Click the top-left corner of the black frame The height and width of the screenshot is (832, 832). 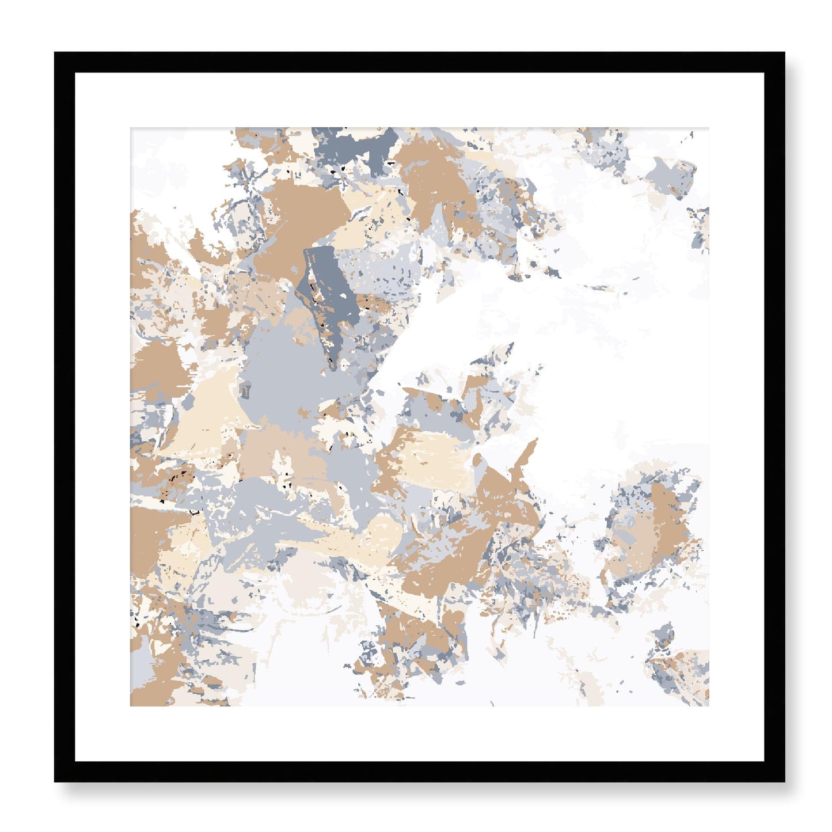(x=55, y=53)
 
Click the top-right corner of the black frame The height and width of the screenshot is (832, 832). (x=784, y=53)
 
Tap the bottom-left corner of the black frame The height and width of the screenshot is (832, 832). (x=55, y=781)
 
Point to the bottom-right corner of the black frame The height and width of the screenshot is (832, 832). (x=784, y=781)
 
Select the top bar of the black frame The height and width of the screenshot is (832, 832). (x=419, y=62)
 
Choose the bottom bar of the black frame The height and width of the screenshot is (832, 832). (x=419, y=772)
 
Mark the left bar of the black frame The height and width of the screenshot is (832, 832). (x=64, y=417)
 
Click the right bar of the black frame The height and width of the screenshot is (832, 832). (x=774, y=417)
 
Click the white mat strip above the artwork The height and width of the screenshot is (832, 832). (x=419, y=100)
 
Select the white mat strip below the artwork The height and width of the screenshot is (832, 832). (x=419, y=734)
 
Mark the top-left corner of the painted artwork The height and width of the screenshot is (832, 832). (x=131, y=128)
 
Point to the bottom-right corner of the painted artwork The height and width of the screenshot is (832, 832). (x=709, y=706)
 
